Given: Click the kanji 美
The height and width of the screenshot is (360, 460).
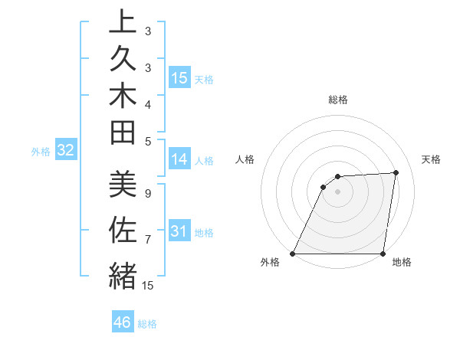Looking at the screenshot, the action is (123, 186).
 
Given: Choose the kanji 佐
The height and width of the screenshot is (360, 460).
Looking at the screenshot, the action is (123, 231).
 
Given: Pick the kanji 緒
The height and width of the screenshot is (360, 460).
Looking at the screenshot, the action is (123, 274).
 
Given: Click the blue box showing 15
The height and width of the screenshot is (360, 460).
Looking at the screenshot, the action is (179, 78).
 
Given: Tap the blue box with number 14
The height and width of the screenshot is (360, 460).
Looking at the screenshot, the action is (179, 159).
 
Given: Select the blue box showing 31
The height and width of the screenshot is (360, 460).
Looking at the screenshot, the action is (179, 231).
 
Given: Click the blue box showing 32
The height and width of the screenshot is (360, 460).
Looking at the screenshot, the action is (66, 151).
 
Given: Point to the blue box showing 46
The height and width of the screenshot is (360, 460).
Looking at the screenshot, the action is (123, 322).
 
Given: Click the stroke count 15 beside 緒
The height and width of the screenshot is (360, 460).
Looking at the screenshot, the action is (147, 286).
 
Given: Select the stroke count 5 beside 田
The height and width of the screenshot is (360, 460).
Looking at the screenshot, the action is (147, 141).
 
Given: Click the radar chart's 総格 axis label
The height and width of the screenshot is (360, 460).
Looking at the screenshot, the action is (338, 100).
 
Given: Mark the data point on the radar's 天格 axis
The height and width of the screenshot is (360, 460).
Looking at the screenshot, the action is (396, 172).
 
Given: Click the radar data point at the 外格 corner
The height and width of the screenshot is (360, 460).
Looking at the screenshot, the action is (292, 254).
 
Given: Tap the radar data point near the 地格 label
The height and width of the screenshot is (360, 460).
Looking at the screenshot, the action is (383, 254).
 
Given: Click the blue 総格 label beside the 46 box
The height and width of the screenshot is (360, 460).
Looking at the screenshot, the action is (147, 324).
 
